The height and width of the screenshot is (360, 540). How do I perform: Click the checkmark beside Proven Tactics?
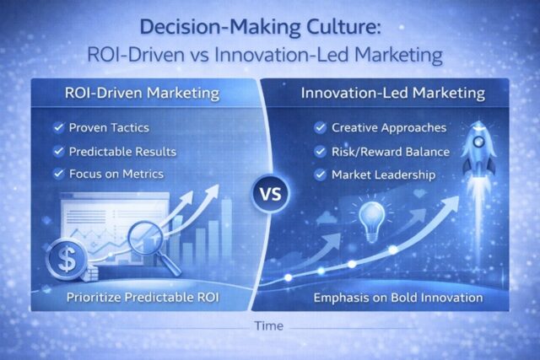(x=57, y=129)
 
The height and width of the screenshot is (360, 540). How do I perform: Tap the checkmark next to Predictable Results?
(x=57, y=152)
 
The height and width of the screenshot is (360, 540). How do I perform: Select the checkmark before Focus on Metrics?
(x=57, y=175)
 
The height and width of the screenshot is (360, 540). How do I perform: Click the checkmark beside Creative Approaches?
(x=320, y=129)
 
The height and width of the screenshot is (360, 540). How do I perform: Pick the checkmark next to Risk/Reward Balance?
(x=320, y=153)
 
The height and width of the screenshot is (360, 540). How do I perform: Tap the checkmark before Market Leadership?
(x=320, y=175)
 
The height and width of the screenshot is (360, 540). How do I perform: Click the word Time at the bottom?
(x=270, y=325)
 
